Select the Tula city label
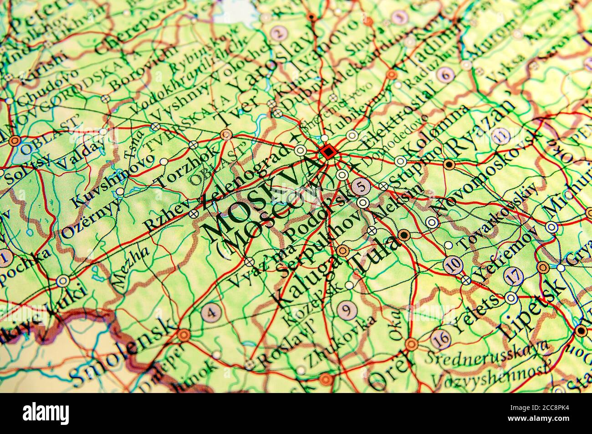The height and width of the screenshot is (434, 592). [373, 255]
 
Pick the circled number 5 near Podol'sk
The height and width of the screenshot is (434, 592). [362, 186]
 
